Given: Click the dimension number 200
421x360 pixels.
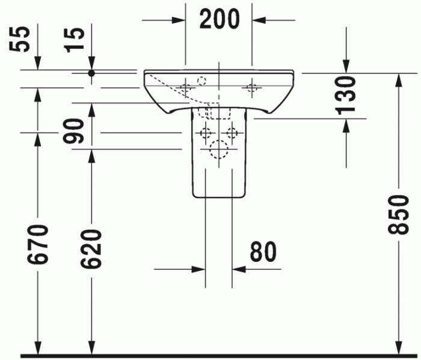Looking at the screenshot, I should point(220,19).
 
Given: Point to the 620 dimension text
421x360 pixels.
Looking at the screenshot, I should point(91,248).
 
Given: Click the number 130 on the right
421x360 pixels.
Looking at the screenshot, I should point(347,96).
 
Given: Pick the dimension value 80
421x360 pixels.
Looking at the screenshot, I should point(263,252).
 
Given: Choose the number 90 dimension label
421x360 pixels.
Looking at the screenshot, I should point(75,132).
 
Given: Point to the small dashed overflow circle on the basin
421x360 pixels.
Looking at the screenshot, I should point(202,79).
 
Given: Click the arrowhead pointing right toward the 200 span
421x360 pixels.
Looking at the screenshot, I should point(179,20).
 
